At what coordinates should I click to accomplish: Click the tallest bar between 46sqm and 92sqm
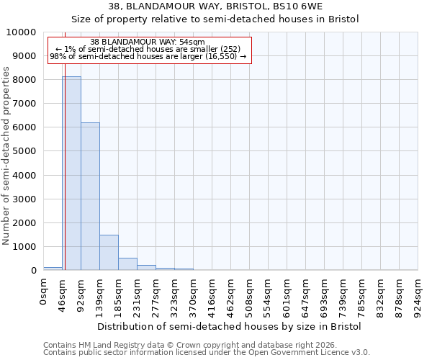(71, 173)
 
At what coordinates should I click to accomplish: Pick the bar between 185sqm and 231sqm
(127, 264)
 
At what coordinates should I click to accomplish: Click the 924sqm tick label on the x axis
(418, 296)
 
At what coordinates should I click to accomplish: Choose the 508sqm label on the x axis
(250, 296)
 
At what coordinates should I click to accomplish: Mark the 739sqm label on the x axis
(343, 296)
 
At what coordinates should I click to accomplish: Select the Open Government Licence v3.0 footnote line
(206, 353)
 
